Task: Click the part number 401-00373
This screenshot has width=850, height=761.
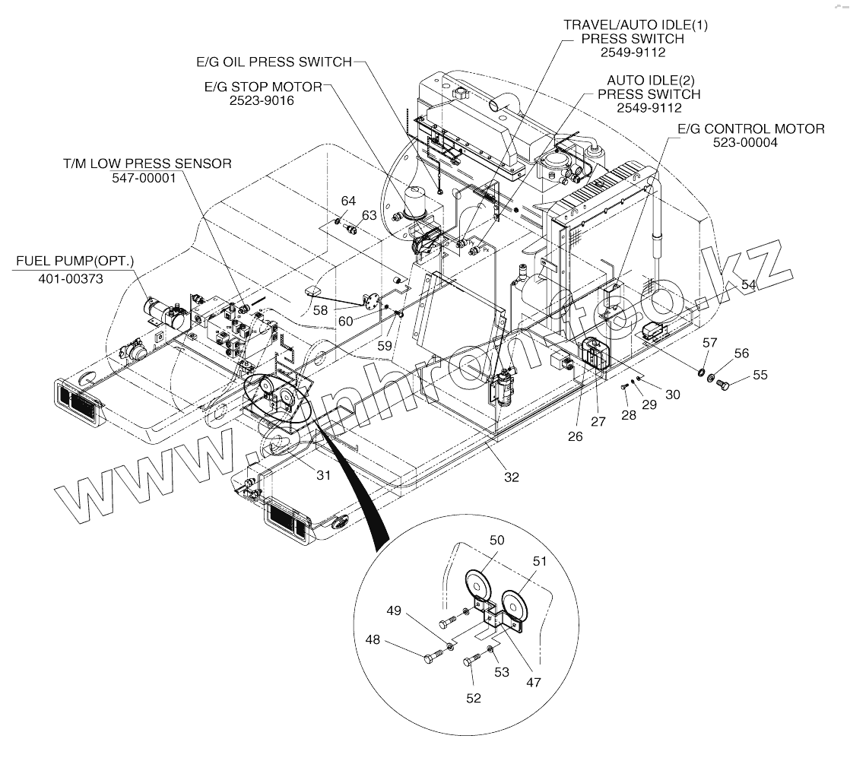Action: pos(71,279)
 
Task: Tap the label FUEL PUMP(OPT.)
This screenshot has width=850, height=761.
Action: pos(75,261)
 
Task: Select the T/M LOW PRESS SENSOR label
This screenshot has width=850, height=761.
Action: pos(147,163)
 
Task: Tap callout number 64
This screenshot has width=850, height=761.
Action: pos(348,201)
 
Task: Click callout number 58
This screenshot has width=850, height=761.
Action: pos(319,309)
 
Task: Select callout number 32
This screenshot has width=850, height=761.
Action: pos(511,477)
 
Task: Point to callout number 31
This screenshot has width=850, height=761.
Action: pos(324,475)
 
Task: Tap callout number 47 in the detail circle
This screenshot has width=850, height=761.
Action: pos(533,682)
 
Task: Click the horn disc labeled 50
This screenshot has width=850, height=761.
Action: pos(480,588)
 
